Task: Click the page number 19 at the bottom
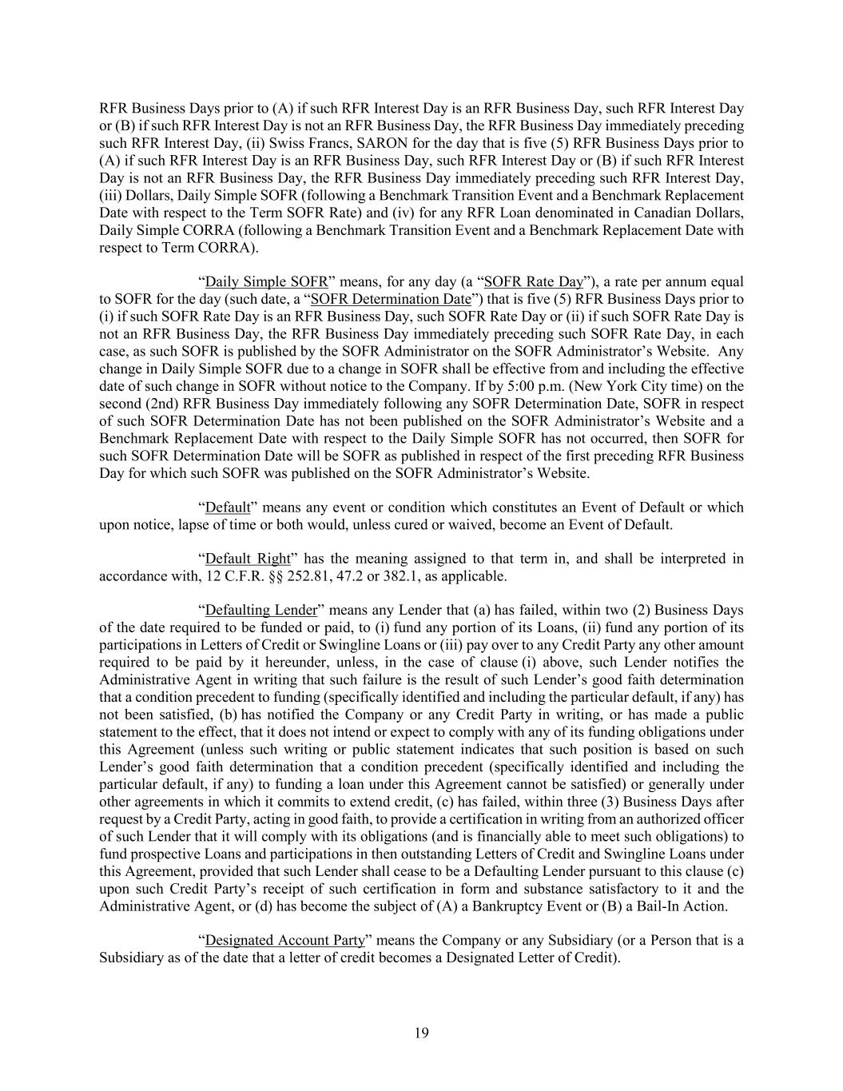pyautogui.click(x=422, y=1033)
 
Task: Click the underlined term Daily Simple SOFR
pyautogui.click(x=266, y=281)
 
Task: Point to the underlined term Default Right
pyautogui.click(x=248, y=559)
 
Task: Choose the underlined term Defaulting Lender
pyautogui.click(x=261, y=611)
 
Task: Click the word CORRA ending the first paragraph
pyautogui.click(x=228, y=247)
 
